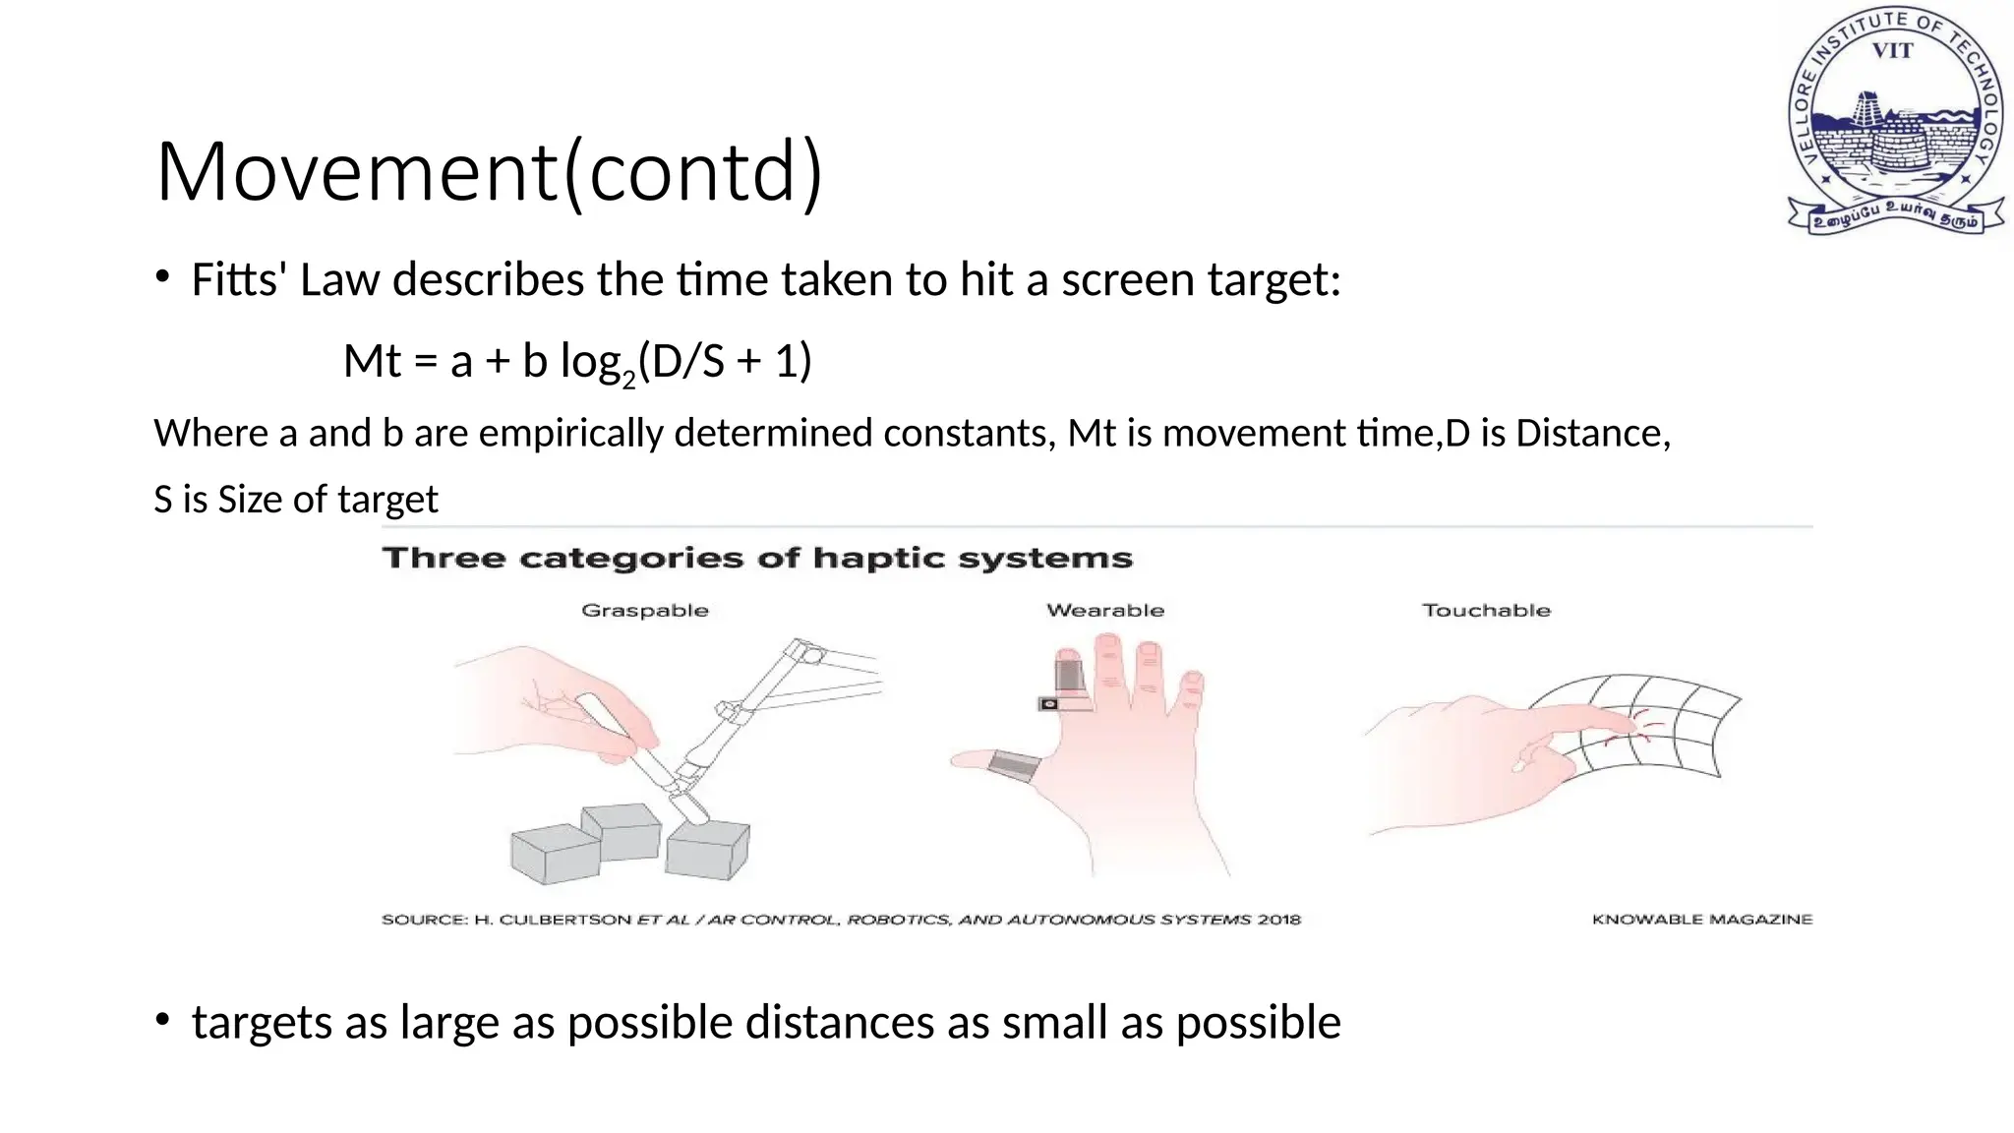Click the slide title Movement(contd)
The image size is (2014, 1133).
(489, 172)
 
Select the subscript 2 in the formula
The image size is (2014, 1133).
(629, 379)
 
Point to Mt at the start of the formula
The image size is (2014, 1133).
(372, 362)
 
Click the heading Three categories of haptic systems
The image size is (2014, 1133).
(757, 559)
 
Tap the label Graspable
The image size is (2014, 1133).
(645, 611)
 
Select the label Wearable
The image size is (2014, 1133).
(1105, 611)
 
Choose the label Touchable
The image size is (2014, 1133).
(1486, 611)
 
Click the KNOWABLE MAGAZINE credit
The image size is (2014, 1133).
(1702, 920)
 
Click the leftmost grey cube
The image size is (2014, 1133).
(554, 854)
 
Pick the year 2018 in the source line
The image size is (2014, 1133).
(1278, 920)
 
